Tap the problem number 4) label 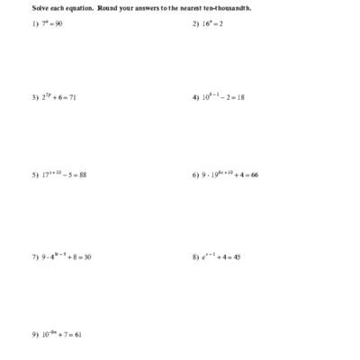(195, 97)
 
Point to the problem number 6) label (195, 175)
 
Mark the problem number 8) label (195, 256)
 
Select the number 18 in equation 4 (240, 97)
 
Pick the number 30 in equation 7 (86, 256)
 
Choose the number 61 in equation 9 (78, 334)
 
